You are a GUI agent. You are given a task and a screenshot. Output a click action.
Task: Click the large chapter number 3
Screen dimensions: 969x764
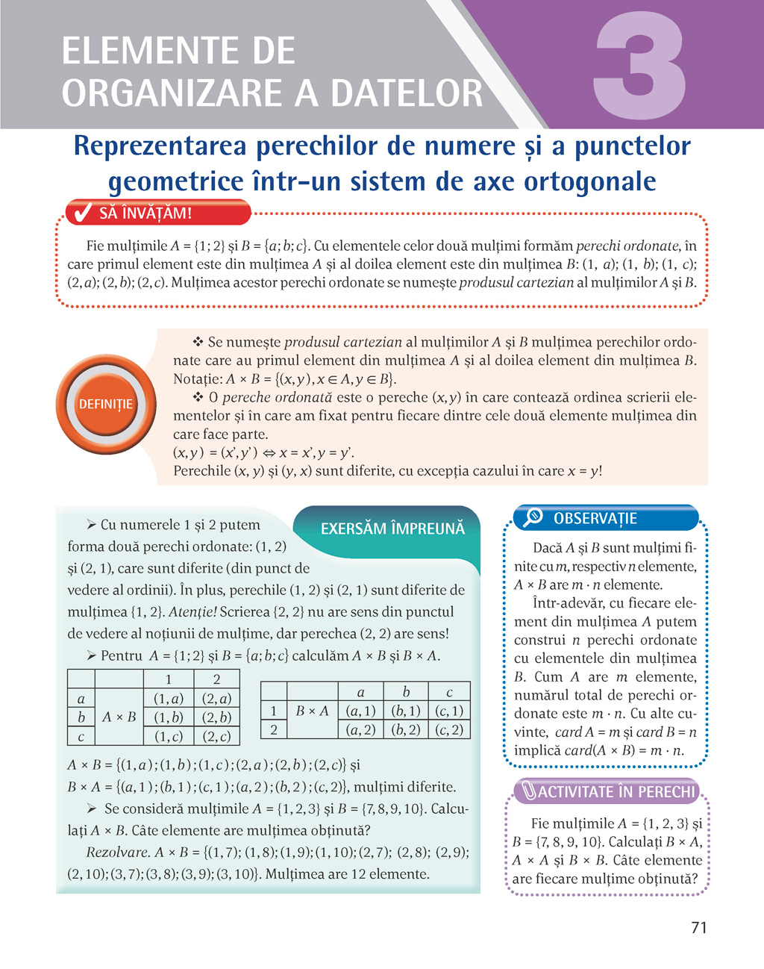(639, 66)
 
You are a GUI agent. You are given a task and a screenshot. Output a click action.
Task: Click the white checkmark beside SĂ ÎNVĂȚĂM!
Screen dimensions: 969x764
(79, 214)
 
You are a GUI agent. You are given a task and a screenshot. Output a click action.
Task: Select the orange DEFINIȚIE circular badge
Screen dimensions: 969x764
(106, 404)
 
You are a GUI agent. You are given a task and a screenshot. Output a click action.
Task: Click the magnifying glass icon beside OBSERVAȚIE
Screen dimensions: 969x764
(533, 517)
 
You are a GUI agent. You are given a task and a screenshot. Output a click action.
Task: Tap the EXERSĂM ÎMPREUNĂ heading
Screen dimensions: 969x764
(392, 529)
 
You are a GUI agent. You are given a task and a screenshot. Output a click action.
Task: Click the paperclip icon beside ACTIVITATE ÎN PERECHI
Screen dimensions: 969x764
(529, 791)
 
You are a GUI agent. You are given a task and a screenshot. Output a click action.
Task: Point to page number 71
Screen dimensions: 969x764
(698, 928)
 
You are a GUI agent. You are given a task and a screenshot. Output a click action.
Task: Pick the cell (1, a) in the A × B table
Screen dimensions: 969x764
(168, 699)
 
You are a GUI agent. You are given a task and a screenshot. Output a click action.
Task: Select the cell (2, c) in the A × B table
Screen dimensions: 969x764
(216, 736)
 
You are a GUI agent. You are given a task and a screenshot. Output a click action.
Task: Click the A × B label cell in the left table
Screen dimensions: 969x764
(119, 717)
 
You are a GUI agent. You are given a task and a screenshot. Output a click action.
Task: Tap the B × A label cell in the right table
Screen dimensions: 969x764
(312, 711)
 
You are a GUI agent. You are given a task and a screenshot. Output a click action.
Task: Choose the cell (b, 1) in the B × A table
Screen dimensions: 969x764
(406, 711)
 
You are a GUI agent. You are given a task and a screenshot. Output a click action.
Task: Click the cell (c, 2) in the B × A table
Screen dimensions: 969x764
(449, 729)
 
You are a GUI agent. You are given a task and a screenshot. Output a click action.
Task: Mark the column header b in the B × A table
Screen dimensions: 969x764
(406, 692)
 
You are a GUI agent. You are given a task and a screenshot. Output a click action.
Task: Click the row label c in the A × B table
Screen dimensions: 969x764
(81, 736)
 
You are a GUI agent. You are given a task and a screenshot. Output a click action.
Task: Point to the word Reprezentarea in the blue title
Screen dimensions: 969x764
(159, 146)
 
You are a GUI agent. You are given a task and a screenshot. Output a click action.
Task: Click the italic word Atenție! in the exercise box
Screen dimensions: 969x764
(192, 612)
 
